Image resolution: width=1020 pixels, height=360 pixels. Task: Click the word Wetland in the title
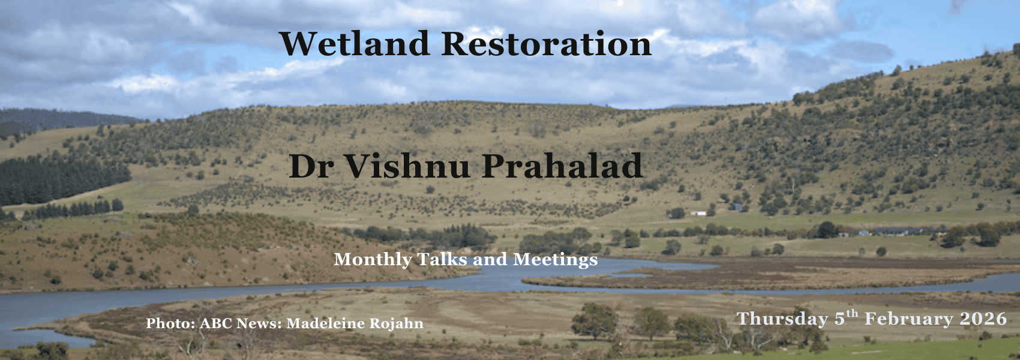[x=355, y=44]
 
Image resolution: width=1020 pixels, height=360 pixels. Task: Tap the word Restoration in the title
[x=547, y=44]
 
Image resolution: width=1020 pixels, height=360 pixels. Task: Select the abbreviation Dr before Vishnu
[x=312, y=166]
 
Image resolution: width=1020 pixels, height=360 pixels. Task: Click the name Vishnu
[x=407, y=166]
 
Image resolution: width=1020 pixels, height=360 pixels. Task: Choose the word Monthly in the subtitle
[x=373, y=259]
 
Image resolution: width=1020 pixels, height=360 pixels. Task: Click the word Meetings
[x=555, y=259]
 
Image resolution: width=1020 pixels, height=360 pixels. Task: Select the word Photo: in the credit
[x=170, y=323]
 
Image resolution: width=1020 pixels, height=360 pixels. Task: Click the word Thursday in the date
[x=782, y=319]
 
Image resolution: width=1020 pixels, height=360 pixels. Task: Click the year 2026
[x=983, y=319]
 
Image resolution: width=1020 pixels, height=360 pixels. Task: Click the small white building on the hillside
[x=698, y=213]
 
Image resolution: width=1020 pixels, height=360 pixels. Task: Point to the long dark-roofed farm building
[x=897, y=232]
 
